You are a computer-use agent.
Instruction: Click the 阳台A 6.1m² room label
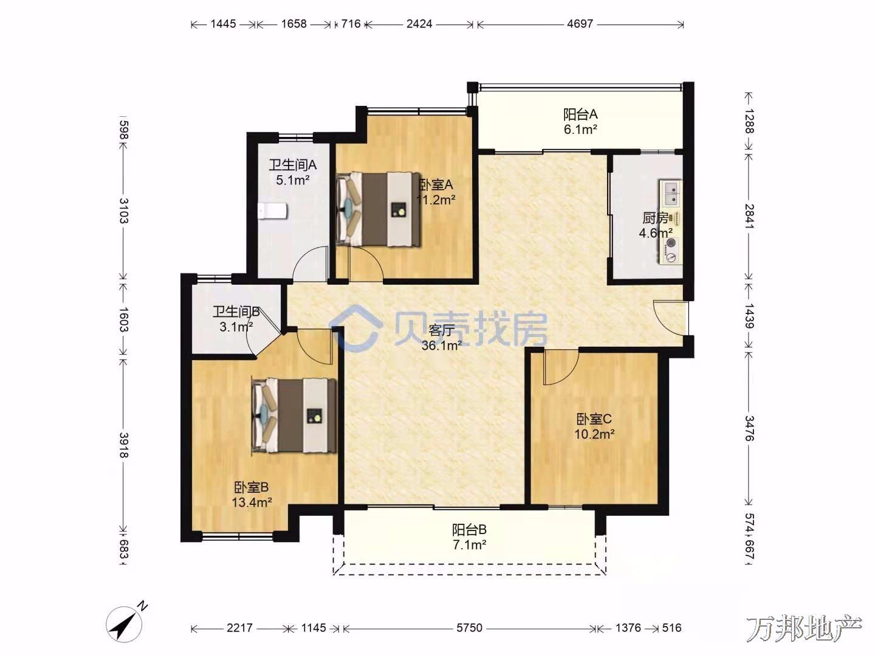580,122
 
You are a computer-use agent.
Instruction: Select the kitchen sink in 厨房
671,193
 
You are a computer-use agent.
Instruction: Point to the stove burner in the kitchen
671,250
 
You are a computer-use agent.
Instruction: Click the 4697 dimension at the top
580,24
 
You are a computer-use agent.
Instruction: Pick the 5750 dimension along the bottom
469,628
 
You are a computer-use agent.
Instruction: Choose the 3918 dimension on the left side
123,445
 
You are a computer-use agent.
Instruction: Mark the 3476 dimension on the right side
749,428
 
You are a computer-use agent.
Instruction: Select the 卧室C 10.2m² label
594,426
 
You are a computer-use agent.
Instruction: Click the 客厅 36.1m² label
442,338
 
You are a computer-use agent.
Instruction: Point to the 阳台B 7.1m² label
469,537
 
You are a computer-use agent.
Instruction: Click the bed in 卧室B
294,415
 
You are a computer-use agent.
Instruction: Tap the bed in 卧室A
379,209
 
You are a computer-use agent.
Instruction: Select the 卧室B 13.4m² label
252,494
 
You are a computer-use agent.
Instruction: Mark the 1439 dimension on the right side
749,316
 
